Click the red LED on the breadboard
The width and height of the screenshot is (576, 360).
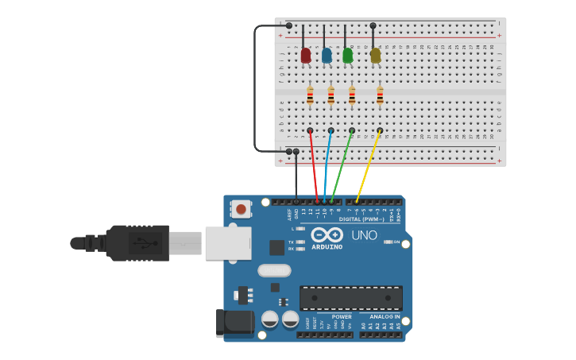tap(306, 56)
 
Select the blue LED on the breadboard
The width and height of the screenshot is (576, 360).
tap(327, 56)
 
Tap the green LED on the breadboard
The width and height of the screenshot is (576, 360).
tap(347, 56)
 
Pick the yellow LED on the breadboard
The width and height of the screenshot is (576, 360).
tap(375, 56)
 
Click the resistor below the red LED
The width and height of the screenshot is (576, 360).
tap(310, 96)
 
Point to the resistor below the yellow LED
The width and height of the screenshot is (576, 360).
tap(380, 96)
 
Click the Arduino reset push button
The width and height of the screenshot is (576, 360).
tap(240, 209)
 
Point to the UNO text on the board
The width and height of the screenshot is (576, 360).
tap(364, 235)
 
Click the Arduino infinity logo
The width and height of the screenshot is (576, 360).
tap(327, 235)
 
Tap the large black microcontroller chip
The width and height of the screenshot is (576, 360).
tap(350, 298)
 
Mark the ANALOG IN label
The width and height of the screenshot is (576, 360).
tap(385, 316)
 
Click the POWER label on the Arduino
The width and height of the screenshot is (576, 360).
tap(342, 316)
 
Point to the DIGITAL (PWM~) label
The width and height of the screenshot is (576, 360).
tap(361, 219)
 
